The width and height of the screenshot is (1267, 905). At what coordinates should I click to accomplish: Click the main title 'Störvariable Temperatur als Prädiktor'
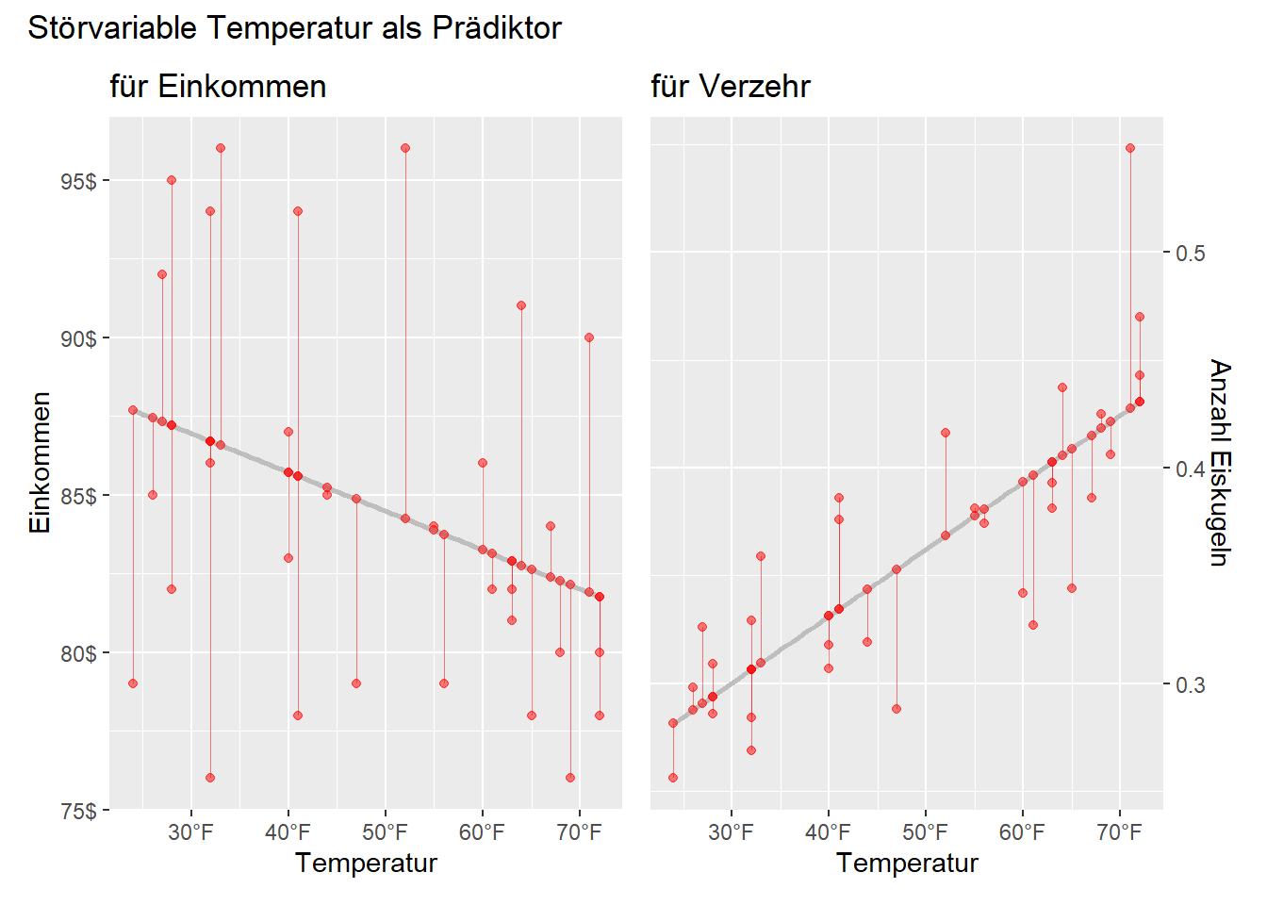pos(294,28)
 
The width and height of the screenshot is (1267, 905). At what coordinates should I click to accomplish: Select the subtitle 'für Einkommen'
pos(218,87)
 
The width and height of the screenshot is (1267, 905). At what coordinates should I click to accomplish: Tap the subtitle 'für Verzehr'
pos(731,87)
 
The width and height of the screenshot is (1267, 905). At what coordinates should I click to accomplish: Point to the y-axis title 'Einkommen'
pos(41,463)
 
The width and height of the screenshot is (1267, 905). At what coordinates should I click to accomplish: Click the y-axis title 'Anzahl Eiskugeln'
pos(1220,463)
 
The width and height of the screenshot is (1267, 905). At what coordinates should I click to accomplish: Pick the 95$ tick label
pos(78,181)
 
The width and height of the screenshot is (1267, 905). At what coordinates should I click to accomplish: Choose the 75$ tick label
pos(78,811)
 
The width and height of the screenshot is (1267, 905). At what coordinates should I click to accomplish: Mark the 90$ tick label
pos(78,338)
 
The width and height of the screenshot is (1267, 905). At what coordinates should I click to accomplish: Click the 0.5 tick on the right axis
pos(1191,253)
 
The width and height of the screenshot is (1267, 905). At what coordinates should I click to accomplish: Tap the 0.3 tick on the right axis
pos(1191,684)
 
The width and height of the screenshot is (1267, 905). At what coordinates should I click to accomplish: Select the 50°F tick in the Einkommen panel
pos(386,832)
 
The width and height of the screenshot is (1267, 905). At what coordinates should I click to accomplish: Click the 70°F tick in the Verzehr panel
pos(1120,832)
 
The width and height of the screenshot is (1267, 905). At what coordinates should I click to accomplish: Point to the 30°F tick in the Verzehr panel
pos(732,832)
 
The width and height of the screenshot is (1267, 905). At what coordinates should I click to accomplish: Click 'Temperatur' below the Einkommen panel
pos(366,864)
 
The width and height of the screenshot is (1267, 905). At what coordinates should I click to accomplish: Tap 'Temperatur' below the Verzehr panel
pos(907,864)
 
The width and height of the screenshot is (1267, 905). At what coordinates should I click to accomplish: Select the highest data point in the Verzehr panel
pos(1130,148)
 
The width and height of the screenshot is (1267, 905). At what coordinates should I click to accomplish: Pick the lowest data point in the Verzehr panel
pos(673,778)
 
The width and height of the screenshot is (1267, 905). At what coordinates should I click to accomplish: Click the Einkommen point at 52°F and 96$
pos(405,148)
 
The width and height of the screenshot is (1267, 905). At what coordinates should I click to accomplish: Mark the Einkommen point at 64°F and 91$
pos(521,305)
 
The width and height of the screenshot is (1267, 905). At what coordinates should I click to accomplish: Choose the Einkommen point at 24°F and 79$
pos(133,683)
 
